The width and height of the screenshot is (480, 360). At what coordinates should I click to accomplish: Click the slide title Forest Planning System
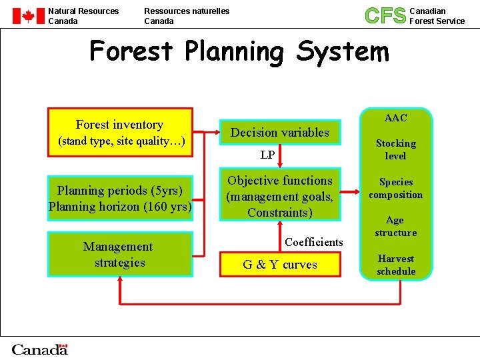[x=239, y=51]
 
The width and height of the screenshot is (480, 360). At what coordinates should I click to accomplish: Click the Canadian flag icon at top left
[x=28, y=17]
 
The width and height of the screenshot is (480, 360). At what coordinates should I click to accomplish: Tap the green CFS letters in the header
[x=385, y=15]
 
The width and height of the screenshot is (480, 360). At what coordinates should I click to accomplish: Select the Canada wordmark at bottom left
[x=40, y=349]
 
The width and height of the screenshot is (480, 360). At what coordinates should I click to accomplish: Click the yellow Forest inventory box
[x=120, y=132]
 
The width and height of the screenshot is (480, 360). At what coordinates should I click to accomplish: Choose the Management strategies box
[x=120, y=254]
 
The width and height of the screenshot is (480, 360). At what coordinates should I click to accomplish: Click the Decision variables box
[x=280, y=133]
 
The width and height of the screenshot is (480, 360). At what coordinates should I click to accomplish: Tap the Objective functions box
[x=280, y=196]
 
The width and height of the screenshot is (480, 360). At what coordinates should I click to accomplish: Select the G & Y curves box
[x=280, y=265]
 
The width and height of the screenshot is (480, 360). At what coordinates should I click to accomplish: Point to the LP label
[x=267, y=155]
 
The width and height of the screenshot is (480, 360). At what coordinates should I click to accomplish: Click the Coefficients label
[x=314, y=242]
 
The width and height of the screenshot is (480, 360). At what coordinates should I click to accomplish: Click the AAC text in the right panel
[x=395, y=118]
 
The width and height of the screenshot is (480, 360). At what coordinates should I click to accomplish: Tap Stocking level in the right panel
[x=395, y=149]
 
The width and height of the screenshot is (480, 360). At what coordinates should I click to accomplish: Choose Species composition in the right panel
[x=395, y=188]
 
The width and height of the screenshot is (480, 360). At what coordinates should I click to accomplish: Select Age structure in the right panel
[x=395, y=226]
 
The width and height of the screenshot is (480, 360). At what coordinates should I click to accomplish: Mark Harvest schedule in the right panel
[x=395, y=265]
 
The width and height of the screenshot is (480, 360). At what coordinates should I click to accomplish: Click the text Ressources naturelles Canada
[x=187, y=16]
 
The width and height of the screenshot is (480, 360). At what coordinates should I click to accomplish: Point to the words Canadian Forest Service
[x=437, y=16]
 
